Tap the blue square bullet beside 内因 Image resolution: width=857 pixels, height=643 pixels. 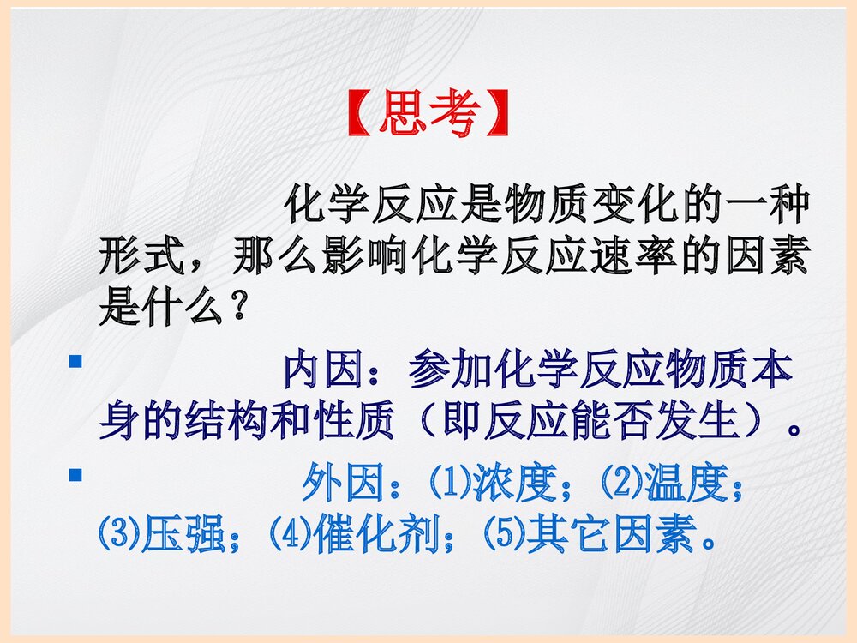(x=75, y=363)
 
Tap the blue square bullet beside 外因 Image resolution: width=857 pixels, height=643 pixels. (x=75, y=473)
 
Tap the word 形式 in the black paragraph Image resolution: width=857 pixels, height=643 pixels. (x=141, y=255)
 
